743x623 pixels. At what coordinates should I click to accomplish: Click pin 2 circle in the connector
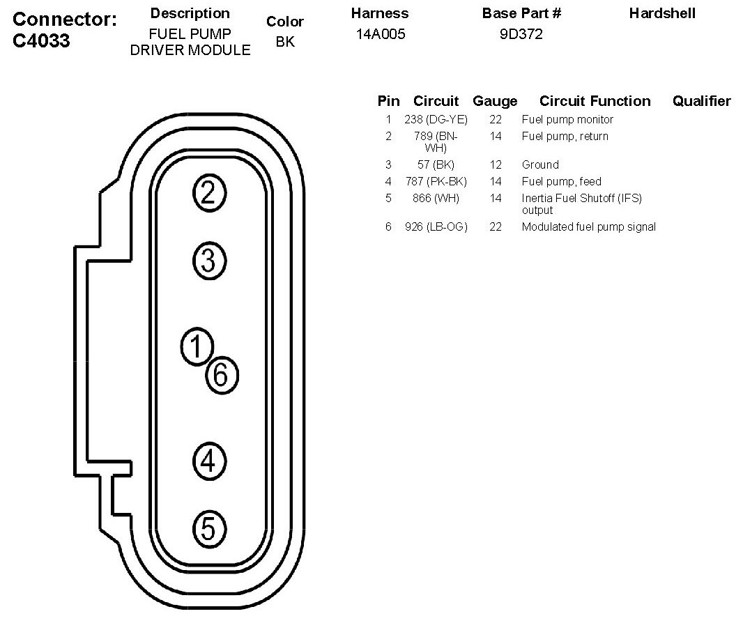[x=208, y=193]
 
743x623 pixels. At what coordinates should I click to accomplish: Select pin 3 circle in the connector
[x=208, y=261]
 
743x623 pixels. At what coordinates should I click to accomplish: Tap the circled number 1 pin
[x=197, y=346]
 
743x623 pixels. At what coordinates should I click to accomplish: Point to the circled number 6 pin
[x=222, y=376]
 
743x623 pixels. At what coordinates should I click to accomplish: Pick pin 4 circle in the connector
[x=208, y=460]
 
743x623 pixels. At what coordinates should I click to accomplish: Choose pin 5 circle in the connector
[x=208, y=529]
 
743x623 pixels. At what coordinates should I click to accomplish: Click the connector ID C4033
[x=42, y=41]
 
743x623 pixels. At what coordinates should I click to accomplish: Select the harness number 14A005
[x=380, y=34]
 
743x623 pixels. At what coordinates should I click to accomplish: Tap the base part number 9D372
[x=521, y=34]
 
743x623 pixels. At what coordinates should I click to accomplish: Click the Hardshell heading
[x=662, y=13]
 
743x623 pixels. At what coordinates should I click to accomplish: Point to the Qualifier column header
[x=701, y=101]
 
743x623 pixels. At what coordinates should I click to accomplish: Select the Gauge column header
[x=495, y=101]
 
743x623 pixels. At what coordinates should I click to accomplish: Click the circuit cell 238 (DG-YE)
[x=436, y=120]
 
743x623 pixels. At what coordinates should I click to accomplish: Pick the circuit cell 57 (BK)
[x=436, y=165]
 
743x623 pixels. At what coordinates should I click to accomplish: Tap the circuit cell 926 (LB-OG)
[x=436, y=227]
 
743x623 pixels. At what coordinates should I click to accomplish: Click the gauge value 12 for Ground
[x=496, y=165]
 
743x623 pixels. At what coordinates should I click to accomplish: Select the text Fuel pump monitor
[x=567, y=120]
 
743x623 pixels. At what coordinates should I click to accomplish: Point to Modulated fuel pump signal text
[x=588, y=227]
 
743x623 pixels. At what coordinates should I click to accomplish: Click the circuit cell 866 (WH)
[x=436, y=199]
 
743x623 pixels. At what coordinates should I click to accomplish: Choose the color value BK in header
[x=284, y=42]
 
